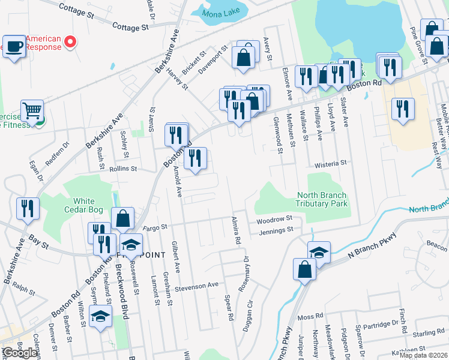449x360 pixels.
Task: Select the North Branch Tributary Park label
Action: (x=322, y=199)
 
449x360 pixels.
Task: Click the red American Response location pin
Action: (x=70, y=42)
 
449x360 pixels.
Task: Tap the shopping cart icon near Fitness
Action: (x=32, y=110)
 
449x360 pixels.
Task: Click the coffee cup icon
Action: (x=14, y=46)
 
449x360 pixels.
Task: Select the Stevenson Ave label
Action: (x=196, y=287)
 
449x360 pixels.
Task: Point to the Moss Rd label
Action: (x=310, y=316)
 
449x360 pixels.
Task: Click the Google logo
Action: (x=20, y=353)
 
